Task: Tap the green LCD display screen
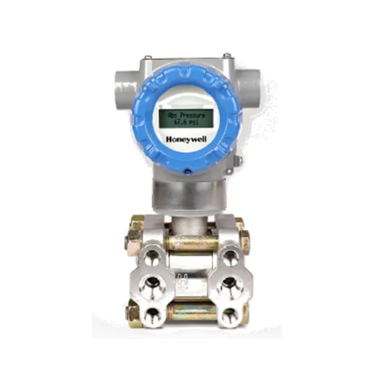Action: [x=186, y=118]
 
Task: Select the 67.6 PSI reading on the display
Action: [x=185, y=122]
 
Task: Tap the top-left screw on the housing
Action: [x=148, y=57]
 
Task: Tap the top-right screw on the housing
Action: [x=227, y=56]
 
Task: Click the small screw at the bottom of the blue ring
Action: [x=187, y=172]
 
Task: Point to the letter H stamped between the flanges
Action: [x=186, y=285]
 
